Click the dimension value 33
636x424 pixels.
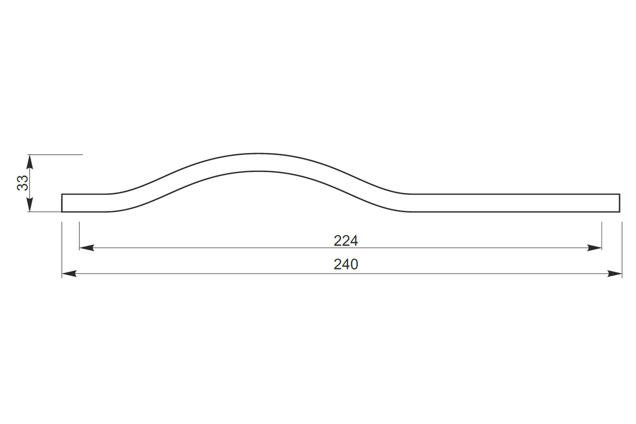click(x=23, y=183)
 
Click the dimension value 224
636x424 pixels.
click(x=346, y=241)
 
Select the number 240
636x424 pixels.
click(x=346, y=264)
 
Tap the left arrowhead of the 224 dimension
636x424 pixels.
click(x=86, y=248)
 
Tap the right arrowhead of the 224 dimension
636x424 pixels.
click(x=595, y=248)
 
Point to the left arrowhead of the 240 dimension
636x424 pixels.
click(x=69, y=274)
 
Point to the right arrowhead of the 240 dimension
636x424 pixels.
click(x=615, y=274)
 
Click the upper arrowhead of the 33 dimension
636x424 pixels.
click(x=30, y=162)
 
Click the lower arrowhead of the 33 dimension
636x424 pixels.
click(x=30, y=205)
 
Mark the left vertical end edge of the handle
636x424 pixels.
click(x=62, y=203)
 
